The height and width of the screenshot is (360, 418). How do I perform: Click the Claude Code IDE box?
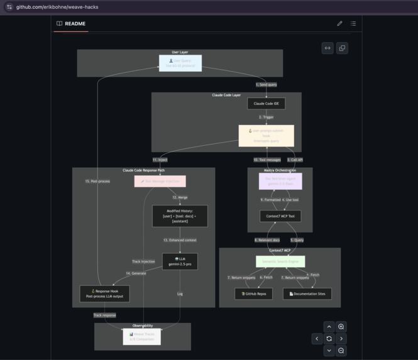(266, 103)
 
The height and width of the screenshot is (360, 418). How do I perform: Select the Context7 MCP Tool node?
(280, 216)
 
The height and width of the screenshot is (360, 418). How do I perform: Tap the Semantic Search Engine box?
(280, 261)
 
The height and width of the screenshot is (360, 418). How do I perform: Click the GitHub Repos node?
(253, 293)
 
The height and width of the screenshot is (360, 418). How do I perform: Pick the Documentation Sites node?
(307, 293)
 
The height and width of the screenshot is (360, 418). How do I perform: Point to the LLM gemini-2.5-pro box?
(180, 261)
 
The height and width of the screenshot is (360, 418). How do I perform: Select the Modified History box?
(180, 216)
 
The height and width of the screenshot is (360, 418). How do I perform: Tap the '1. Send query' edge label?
(266, 84)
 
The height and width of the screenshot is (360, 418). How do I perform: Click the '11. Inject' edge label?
(160, 160)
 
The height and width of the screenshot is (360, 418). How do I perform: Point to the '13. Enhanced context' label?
(180, 240)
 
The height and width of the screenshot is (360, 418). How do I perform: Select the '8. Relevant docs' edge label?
(267, 240)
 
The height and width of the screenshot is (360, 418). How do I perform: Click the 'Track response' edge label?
(104, 315)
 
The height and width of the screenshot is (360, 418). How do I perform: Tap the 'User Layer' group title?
(180, 52)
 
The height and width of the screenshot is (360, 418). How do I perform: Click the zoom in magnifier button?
(341, 327)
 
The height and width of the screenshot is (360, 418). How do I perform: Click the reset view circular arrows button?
(329, 339)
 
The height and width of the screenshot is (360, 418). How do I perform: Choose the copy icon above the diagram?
(342, 48)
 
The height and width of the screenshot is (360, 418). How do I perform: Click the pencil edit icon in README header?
(339, 24)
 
